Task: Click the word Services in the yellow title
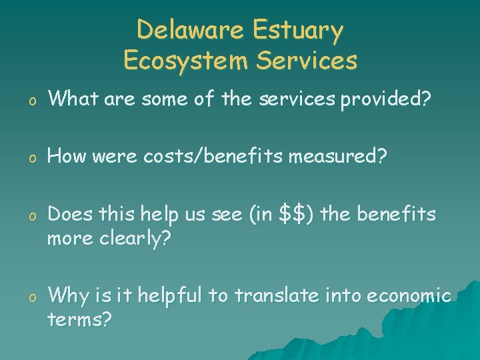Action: point(307,61)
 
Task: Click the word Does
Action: point(71,214)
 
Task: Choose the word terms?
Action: point(80,320)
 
